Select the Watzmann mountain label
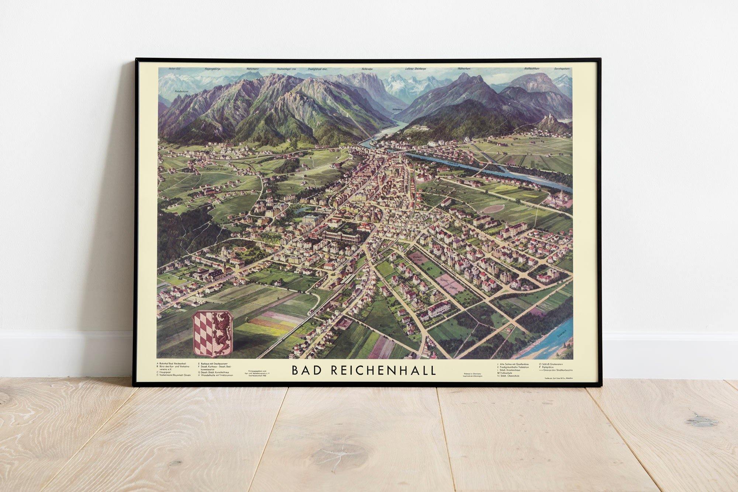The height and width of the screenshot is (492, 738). point(253,69)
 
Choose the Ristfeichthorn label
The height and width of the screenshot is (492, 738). point(532,69)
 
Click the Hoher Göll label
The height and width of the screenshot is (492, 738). point(174,69)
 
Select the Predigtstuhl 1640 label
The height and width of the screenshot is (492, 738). point(318,69)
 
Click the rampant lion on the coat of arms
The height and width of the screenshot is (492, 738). point(223,333)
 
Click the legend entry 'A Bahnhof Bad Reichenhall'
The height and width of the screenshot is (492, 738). point(173,363)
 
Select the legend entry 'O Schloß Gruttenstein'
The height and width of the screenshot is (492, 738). point(553,364)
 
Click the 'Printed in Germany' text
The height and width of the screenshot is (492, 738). point(472,374)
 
